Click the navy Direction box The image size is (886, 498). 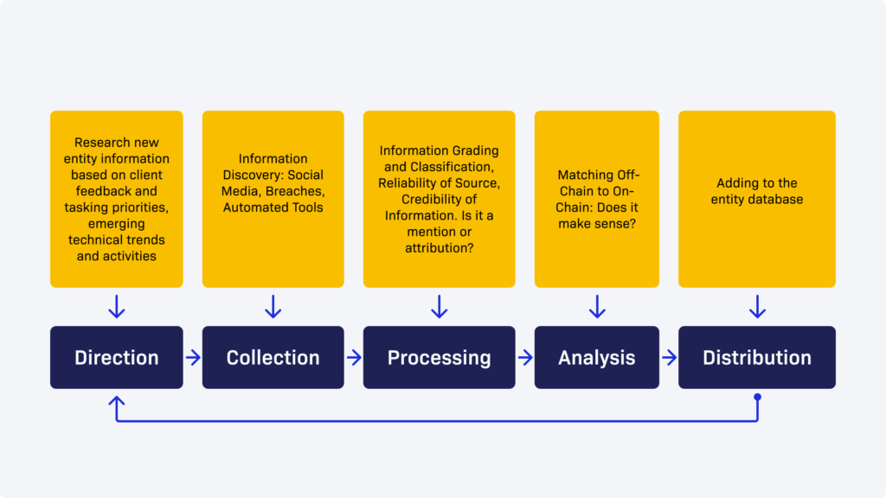coord(117,357)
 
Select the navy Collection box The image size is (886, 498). coord(273,357)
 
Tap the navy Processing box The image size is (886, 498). coord(439,357)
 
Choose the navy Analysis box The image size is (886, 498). coord(596,357)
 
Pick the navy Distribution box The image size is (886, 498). coord(756,357)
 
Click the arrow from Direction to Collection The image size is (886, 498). coord(193,357)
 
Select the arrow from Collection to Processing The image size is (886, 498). coord(354,357)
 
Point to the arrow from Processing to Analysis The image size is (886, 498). coord(524,357)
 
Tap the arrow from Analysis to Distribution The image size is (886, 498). coord(669,357)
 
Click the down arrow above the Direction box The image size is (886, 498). coord(117,307)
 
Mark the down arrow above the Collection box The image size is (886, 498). coord(273,307)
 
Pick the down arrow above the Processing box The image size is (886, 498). coord(439,307)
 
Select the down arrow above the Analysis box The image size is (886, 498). coord(596,307)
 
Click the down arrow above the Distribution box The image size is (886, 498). coord(757,307)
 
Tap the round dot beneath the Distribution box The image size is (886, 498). coord(757,398)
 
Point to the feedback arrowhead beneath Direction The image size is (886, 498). coord(117,402)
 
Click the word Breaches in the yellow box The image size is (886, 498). coord(292,191)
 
